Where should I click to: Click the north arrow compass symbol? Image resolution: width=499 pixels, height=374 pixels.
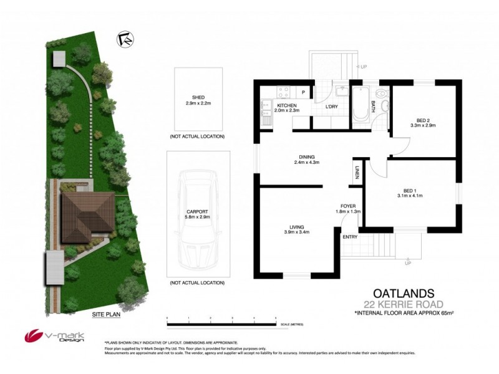tap(125, 39)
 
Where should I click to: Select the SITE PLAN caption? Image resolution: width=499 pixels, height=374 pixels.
tap(105, 315)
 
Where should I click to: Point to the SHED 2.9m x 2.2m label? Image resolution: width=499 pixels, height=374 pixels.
tap(195, 100)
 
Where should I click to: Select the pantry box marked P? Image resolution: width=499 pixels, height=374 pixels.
tap(303, 92)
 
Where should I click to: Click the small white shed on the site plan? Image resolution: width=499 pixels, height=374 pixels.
tap(59, 59)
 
